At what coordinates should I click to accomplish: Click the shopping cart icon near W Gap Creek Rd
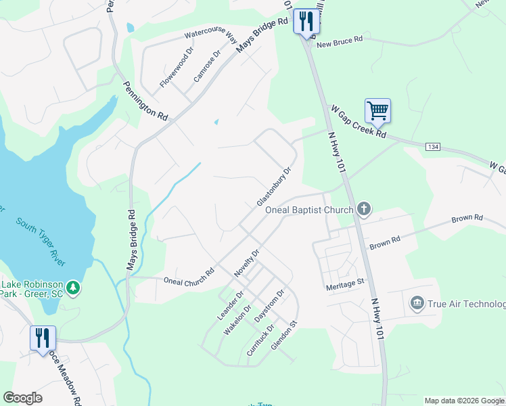click(377, 110)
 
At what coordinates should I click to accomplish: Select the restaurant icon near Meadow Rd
click(43, 338)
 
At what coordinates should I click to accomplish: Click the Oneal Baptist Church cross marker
click(364, 209)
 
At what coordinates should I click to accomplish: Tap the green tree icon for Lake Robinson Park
click(74, 288)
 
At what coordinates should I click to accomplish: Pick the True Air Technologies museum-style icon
click(416, 301)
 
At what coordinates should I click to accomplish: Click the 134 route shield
click(433, 147)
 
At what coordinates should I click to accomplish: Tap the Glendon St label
click(284, 336)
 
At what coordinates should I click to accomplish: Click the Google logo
click(23, 398)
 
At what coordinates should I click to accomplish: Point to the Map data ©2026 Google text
click(464, 401)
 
